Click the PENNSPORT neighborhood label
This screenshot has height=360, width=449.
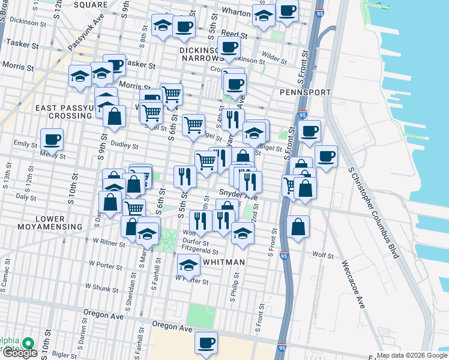pyautogui.click(x=305, y=92)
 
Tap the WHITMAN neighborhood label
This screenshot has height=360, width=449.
pyautogui.click(x=223, y=262)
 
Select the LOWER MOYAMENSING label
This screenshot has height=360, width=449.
pyautogui.click(x=41, y=222)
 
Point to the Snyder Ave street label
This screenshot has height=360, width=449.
pyautogui.click(x=238, y=195)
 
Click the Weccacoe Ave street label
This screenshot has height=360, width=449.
pyautogui.click(x=352, y=284)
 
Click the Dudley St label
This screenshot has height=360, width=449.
pyautogui.click(x=124, y=145)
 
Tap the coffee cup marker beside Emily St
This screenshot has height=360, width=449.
pyautogui.click(x=52, y=140)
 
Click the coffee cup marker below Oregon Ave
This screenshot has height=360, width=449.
pyautogui.click(x=206, y=343)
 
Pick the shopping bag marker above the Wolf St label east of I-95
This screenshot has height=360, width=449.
pyautogui.click(x=298, y=227)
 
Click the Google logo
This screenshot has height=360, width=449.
pyautogui.click(x=20, y=352)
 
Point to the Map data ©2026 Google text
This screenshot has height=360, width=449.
pyautogui.click(x=412, y=355)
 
